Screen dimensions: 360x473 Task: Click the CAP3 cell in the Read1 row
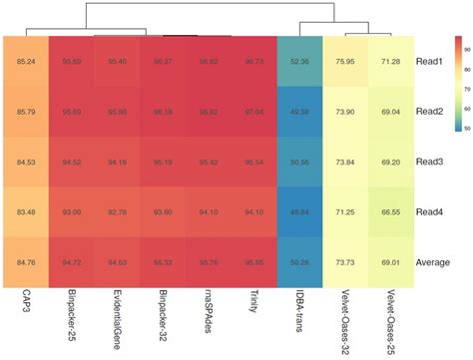(27, 61)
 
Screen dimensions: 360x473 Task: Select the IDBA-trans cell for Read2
(300, 112)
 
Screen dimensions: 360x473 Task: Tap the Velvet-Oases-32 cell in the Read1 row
(346, 61)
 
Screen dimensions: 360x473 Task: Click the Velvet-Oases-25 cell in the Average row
(391, 262)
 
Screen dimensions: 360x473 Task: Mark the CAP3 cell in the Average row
(27, 262)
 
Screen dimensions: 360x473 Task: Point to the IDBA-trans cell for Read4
(300, 211)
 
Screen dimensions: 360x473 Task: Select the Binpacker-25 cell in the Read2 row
(73, 112)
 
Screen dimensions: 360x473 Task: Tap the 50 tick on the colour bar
(466, 128)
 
